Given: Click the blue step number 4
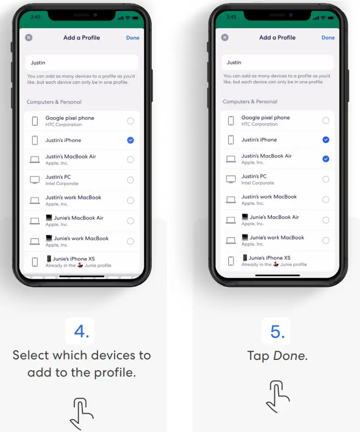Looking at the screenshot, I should pos(81,331).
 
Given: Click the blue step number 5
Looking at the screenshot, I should pos(277,331).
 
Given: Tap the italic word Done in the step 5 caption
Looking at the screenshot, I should pos(290,356).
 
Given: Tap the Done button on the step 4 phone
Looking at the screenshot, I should pos(132,38).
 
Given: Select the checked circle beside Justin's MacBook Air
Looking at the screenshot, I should pos(326,159).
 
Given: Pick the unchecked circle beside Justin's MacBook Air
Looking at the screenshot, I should pos(130,159).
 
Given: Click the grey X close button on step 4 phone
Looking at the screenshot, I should pos(29,38).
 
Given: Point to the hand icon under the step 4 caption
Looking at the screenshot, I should pos(82,413).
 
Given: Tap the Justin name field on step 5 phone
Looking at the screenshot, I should pos(278,62).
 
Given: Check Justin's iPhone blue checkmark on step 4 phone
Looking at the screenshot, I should pos(130,140).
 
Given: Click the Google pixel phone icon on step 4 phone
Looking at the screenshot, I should pos(35,121).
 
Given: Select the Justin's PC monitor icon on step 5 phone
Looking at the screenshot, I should pos(231,179).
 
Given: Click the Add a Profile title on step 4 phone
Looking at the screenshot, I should pos(81,38).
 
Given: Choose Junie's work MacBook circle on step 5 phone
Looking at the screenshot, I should pos(326,240).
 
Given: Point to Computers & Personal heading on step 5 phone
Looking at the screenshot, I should pos(250,102).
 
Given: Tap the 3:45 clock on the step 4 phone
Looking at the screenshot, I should pos(36,17).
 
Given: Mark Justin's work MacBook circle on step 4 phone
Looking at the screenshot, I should pos(130,200).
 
